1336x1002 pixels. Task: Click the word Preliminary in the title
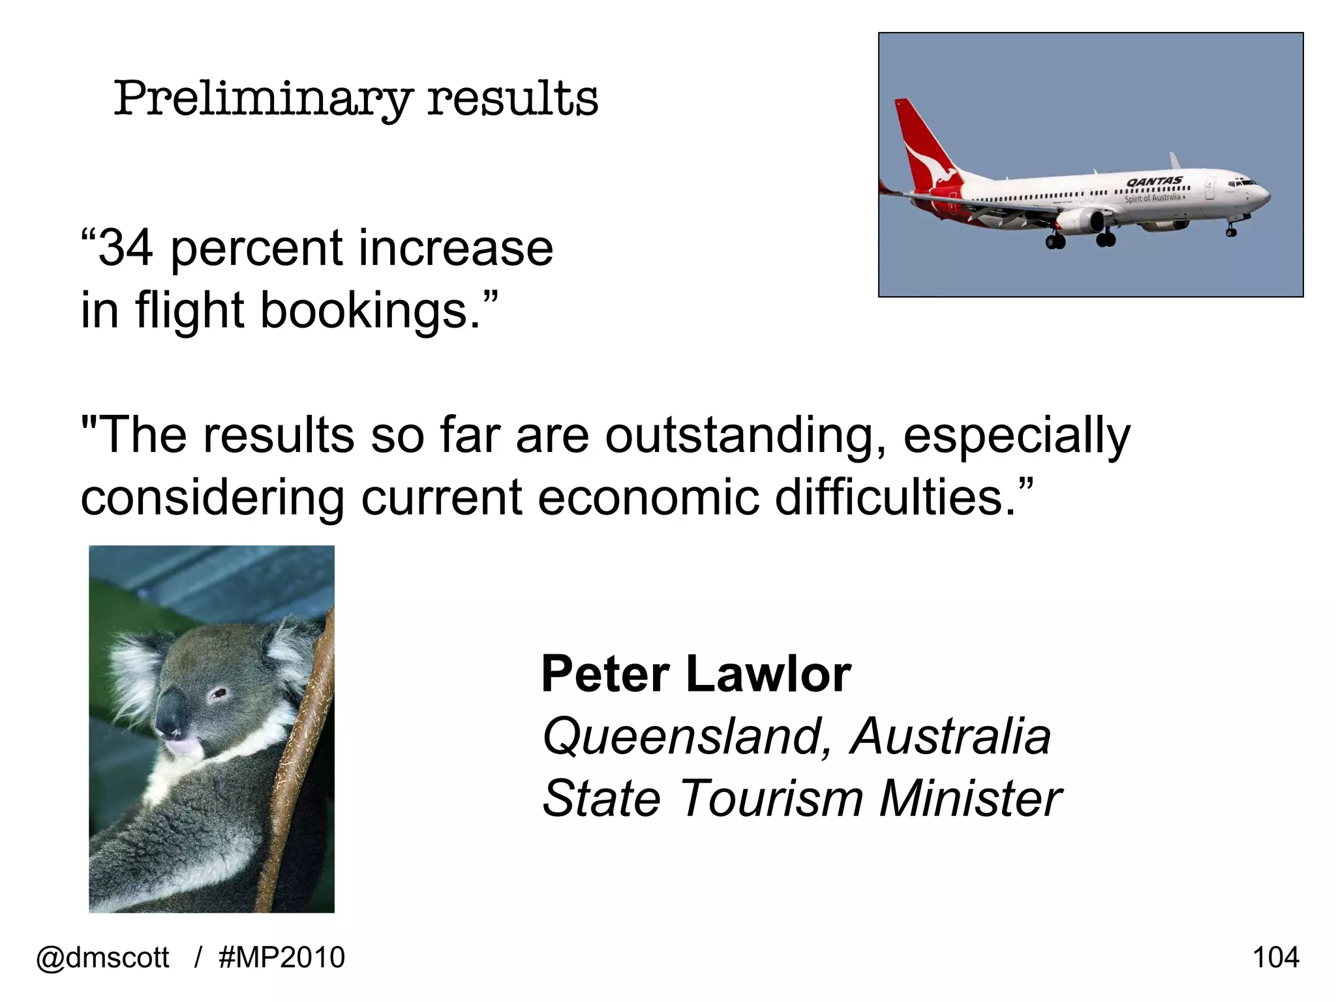coord(262,99)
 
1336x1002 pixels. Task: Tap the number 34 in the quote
coord(126,249)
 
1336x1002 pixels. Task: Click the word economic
coord(648,497)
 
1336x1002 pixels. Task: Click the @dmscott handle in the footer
coord(102,958)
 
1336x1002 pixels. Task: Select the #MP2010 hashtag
coord(282,958)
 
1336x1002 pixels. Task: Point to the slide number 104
coord(1275,958)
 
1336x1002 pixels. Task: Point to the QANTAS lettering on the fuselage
coord(1154,181)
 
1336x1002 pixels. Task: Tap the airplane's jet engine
coord(1080,221)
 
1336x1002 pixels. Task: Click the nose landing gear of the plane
coord(1231,229)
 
